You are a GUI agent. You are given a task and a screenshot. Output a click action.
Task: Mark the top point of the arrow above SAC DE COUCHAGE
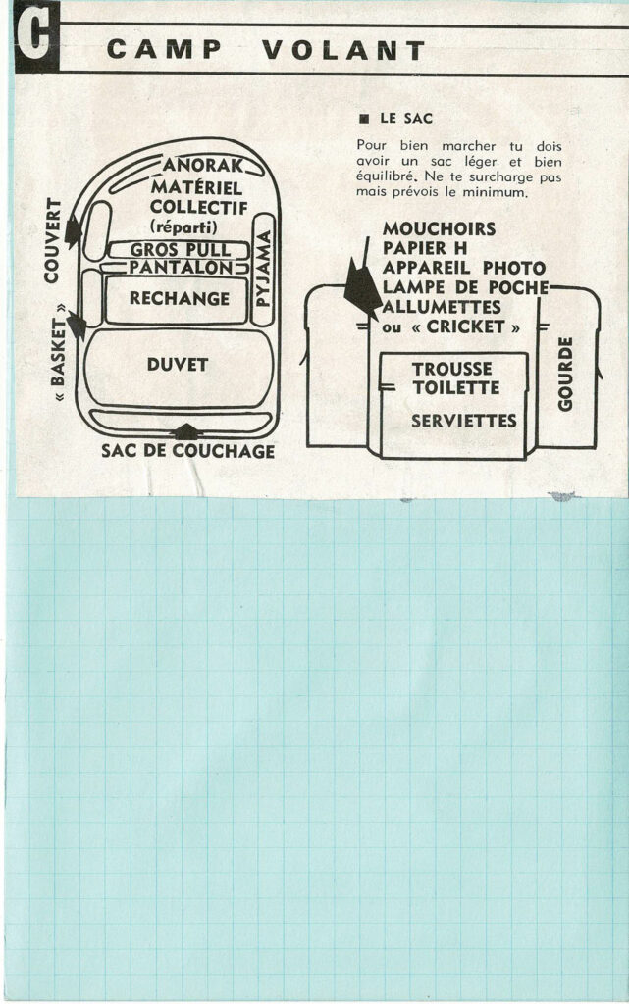click(186, 424)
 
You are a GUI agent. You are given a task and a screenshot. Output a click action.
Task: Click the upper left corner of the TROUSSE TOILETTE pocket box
click(381, 352)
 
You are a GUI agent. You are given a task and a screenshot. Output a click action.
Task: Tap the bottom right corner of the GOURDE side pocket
click(597, 447)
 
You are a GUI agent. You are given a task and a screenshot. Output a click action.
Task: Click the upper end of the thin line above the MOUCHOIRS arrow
click(368, 237)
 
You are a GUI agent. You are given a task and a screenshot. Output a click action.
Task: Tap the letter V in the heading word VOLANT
click(274, 50)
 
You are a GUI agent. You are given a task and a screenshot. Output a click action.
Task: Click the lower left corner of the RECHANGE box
click(106, 322)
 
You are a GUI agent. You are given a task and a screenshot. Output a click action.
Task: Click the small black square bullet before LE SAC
click(365, 119)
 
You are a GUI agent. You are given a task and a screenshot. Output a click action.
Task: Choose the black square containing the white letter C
click(36, 36)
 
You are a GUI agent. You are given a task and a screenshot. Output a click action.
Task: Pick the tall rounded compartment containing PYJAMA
click(263, 270)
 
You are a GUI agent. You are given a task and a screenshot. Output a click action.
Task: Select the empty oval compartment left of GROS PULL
click(97, 230)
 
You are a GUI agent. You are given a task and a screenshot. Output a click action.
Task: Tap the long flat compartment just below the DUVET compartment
click(180, 420)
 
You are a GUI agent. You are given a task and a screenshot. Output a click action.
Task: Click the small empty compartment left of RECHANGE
click(92, 298)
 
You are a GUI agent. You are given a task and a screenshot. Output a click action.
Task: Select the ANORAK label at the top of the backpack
click(203, 165)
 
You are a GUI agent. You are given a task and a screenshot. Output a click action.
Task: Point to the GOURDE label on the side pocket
click(565, 375)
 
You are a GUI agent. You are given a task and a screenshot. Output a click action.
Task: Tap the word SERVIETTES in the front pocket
click(464, 421)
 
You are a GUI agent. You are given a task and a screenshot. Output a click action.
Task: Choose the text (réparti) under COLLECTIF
click(183, 227)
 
